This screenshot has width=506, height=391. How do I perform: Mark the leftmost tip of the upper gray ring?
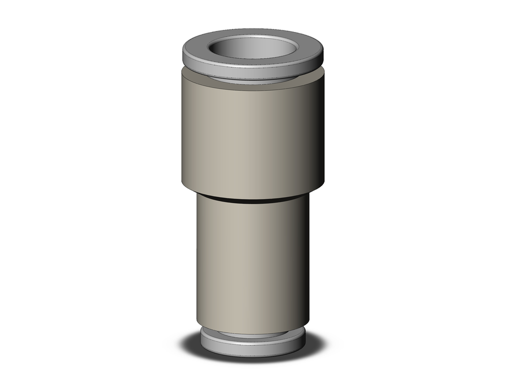click(183, 53)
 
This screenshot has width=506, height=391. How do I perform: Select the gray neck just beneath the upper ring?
click(253, 82)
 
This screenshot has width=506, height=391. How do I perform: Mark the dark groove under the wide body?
click(253, 199)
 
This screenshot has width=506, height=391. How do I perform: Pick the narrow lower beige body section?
click(243, 258)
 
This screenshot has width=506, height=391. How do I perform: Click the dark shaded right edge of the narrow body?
click(305, 258)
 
